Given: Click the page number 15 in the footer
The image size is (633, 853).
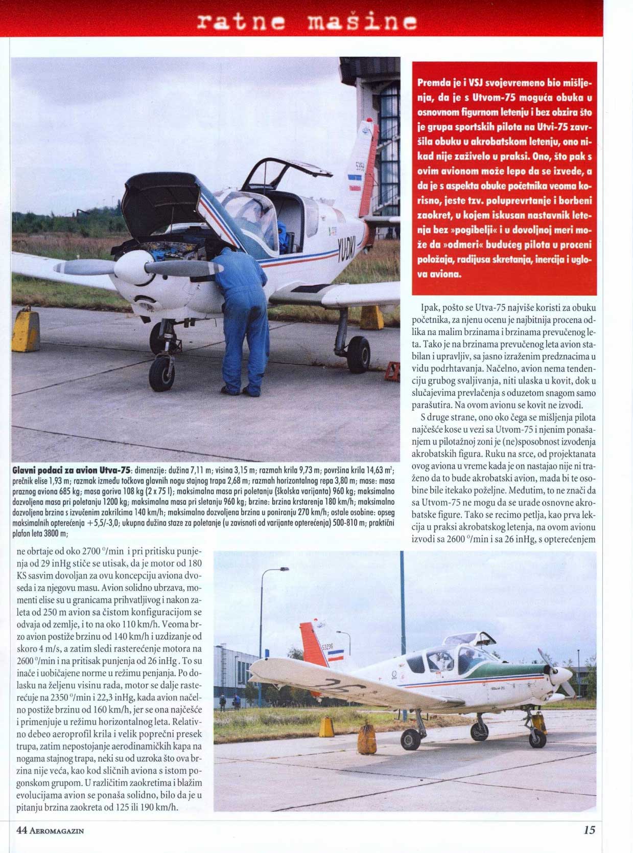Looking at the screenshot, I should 589,829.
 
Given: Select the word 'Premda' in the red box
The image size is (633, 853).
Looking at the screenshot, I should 433,82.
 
